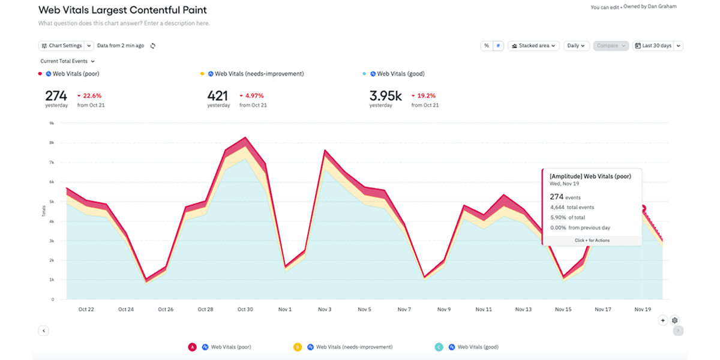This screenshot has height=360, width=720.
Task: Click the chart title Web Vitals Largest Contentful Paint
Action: (x=122, y=10)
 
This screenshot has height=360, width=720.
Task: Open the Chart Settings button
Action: (x=62, y=46)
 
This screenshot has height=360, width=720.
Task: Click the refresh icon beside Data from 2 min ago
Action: (x=153, y=46)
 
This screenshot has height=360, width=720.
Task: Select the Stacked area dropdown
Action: (x=533, y=46)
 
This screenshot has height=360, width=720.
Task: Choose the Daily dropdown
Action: (x=576, y=46)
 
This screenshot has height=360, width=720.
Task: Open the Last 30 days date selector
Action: (x=658, y=46)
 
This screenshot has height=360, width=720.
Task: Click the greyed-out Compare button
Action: (x=611, y=46)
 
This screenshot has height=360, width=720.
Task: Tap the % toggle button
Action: (x=487, y=46)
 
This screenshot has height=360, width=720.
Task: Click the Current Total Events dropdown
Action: (x=67, y=61)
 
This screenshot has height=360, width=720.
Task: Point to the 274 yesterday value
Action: (x=56, y=95)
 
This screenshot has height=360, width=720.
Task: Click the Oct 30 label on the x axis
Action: (x=245, y=310)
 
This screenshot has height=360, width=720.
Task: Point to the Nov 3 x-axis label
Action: (x=325, y=310)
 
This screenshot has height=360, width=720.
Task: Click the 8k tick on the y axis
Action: (x=52, y=143)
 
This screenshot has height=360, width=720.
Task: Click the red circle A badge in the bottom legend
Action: (x=192, y=347)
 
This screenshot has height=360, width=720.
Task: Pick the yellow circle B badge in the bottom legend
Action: (x=297, y=347)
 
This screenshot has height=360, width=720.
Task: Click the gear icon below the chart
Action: (x=675, y=320)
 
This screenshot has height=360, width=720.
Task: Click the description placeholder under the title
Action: (x=124, y=23)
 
